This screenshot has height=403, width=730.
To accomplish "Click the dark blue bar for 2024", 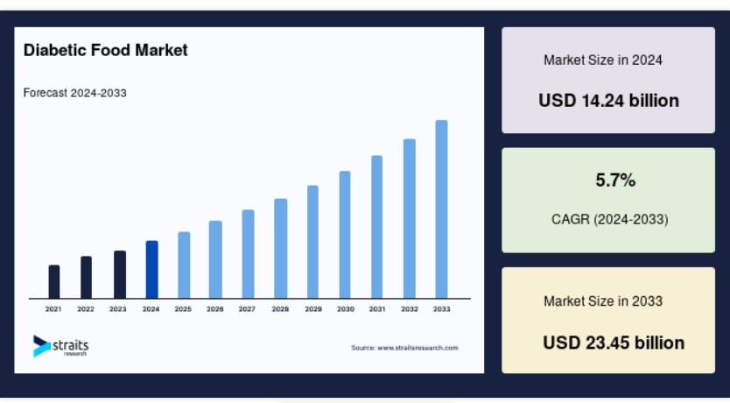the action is click(151, 269).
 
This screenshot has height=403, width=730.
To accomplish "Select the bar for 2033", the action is click(441, 209).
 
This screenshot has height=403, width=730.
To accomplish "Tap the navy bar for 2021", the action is click(54, 281).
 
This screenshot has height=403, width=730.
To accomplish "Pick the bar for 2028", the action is click(280, 248).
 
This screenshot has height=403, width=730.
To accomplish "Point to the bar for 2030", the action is click(345, 235).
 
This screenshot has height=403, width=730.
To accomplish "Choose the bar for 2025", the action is click(184, 265).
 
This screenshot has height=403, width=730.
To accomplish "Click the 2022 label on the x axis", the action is click(86, 309).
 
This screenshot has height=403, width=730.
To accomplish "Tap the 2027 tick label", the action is click(247, 309).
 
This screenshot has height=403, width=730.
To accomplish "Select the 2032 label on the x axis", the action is click(410, 309).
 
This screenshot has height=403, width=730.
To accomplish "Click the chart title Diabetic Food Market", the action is click(105, 50).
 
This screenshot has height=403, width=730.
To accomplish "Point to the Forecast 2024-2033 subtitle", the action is click(75, 93).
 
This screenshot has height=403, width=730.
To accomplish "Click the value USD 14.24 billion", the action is click(608, 101).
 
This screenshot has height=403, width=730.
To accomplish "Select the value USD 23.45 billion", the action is click(614, 343).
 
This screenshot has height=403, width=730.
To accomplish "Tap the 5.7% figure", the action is click(615, 180).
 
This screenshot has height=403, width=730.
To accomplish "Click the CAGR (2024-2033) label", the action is click(610, 219).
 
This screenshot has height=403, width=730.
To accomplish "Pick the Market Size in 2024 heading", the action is click(603, 60).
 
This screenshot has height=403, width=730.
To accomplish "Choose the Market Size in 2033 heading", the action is click(603, 301).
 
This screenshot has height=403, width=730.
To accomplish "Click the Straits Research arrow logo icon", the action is click(41, 346).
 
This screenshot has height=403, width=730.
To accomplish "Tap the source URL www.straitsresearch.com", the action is click(418, 348).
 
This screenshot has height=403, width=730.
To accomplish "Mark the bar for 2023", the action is click(120, 274).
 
